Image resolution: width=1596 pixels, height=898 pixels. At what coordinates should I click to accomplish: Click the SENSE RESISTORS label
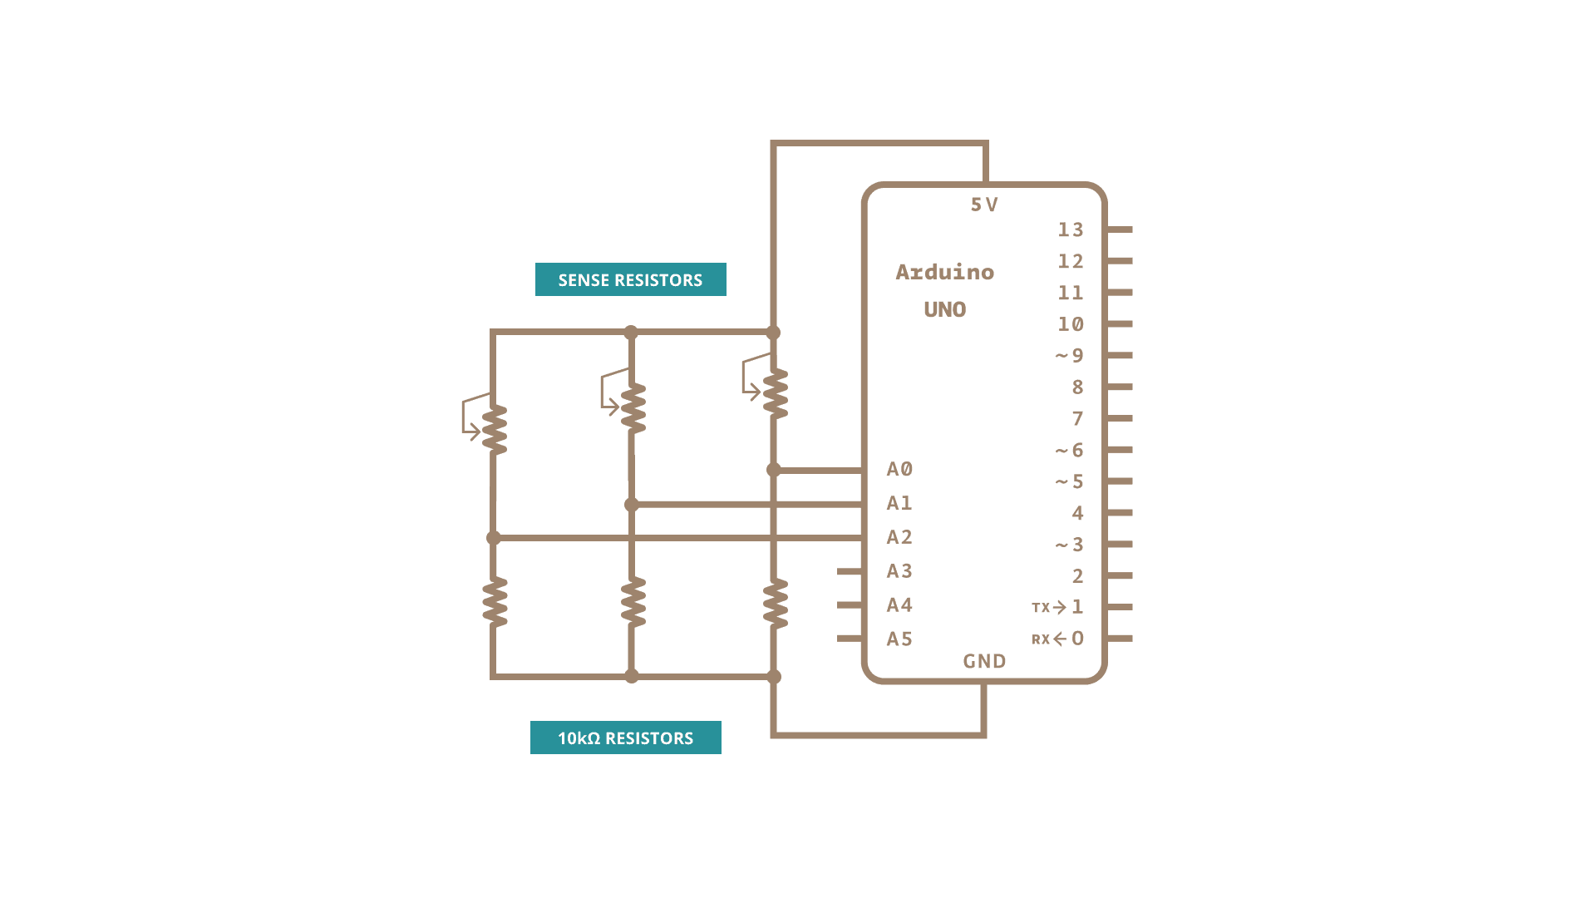pyautogui.click(x=630, y=279)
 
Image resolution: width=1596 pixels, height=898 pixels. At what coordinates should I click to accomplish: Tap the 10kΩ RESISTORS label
pyautogui.click(x=625, y=738)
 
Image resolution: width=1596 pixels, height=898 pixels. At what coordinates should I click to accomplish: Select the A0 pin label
pyautogui.click(x=899, y=469)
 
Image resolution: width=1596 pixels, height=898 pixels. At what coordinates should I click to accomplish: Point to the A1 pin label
pyautogui.click(x=899, y=503)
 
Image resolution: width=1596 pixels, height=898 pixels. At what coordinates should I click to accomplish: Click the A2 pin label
pyautogui.click(x=899, y=537)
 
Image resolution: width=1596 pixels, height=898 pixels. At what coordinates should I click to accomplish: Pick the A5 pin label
pyautogui.click(x=899, y=639)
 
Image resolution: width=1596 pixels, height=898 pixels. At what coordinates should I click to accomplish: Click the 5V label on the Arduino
pyautogui.click(x=984, y=205)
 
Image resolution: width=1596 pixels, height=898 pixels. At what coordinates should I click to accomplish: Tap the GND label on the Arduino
pyautogui.click(x=984, y=661)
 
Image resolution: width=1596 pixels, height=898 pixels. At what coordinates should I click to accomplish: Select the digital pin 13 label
pyautogui.click(x=1071, y=229)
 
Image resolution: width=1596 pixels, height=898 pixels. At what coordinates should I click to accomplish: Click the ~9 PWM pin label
pyautogui.click(x=1071, y=356)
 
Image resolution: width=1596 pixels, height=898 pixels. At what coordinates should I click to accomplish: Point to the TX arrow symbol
pyautogui.click(x=1059, y=607)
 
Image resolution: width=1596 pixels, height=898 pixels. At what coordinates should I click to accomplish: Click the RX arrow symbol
pyautogui.click(x=1059, y=639)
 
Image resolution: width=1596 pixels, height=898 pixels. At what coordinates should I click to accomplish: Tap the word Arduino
pyautogui.click(x=944, y=272)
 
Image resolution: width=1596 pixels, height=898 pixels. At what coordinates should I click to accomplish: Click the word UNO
pyautogui.click(x=944, y=309)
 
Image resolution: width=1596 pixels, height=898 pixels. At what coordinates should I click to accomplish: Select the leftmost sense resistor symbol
pyautogui.click(x=494, y=429)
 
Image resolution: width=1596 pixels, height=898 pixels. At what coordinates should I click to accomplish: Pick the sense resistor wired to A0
pyautogui.click(x=775, y=392)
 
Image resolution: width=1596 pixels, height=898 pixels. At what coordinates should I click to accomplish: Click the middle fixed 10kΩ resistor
pyautogui.click(x=633, y=602)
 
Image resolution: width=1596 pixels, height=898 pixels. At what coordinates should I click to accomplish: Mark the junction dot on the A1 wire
pyautogui.click(x=632, y=505)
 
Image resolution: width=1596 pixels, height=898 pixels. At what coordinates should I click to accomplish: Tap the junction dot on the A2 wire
pyautogui.click(x=494, y=538)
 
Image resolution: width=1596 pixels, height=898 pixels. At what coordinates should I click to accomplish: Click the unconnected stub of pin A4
pyautogui.click(x=850, y=605)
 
